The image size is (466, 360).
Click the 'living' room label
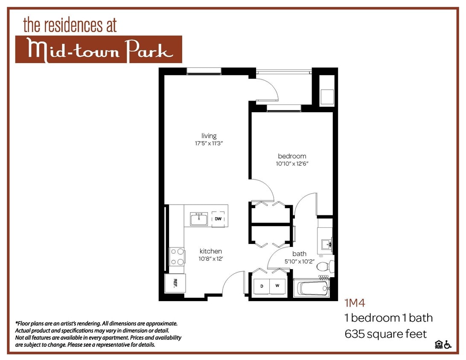coord(209,136)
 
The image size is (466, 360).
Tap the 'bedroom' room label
coord(292,156)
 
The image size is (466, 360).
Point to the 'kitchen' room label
coord(211,251)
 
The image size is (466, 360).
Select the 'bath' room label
coord(299,254)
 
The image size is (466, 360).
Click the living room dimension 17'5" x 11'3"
coord(209,144)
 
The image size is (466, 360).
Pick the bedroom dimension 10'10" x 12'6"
coord(292,163)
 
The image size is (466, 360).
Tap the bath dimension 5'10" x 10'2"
coord(299,261)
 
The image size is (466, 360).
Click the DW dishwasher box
coord(218,219)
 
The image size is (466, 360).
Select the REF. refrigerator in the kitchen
coord(175,282)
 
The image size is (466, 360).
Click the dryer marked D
coord(262,286)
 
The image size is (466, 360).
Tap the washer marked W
coord(277,286)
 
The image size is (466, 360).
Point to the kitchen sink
coord(199,219)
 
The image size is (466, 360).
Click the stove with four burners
coord(177,256)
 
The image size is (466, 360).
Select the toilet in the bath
coord(326,266)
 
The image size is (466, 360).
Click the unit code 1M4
coord(355,303)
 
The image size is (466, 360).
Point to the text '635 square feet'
coord(385,334)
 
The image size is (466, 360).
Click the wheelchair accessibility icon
coord(448,345)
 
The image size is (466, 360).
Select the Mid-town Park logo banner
coord(99,49)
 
